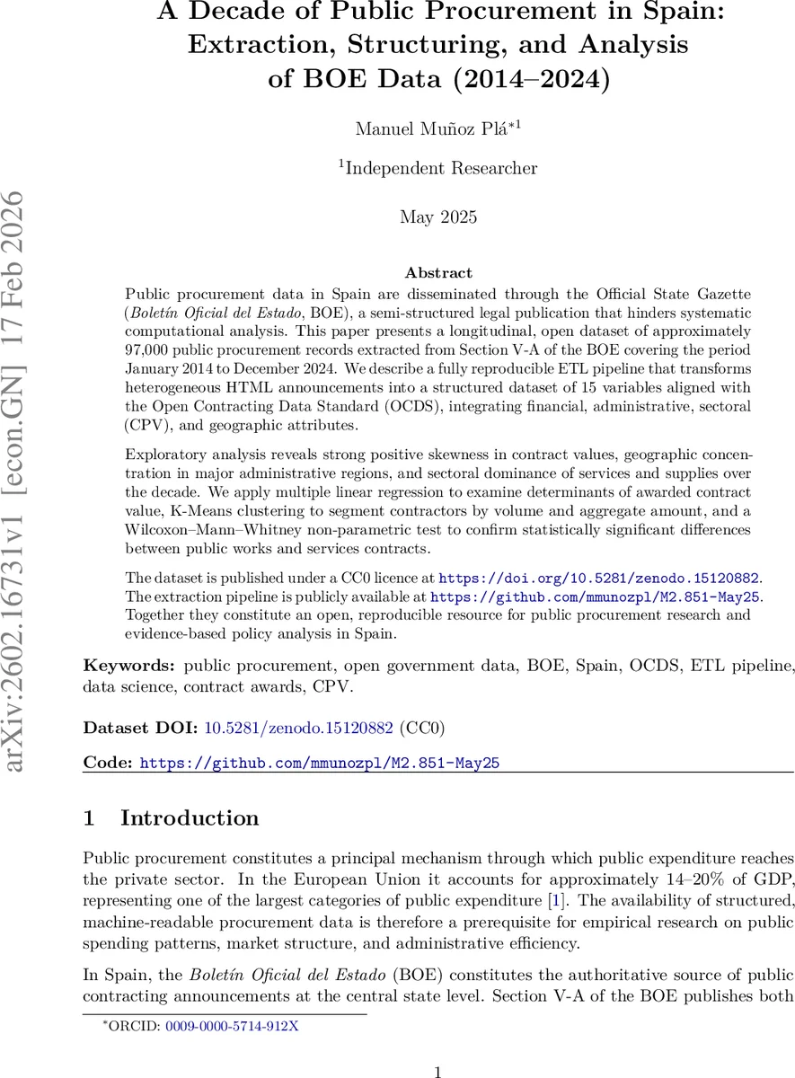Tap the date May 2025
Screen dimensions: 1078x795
[437, 216]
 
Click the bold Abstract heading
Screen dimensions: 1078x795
[438, 272]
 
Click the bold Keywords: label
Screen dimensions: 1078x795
[129, 666]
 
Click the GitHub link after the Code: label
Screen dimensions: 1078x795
[320, 763]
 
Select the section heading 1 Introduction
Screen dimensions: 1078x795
[171, 818]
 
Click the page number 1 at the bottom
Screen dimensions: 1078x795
[437, 1047]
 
